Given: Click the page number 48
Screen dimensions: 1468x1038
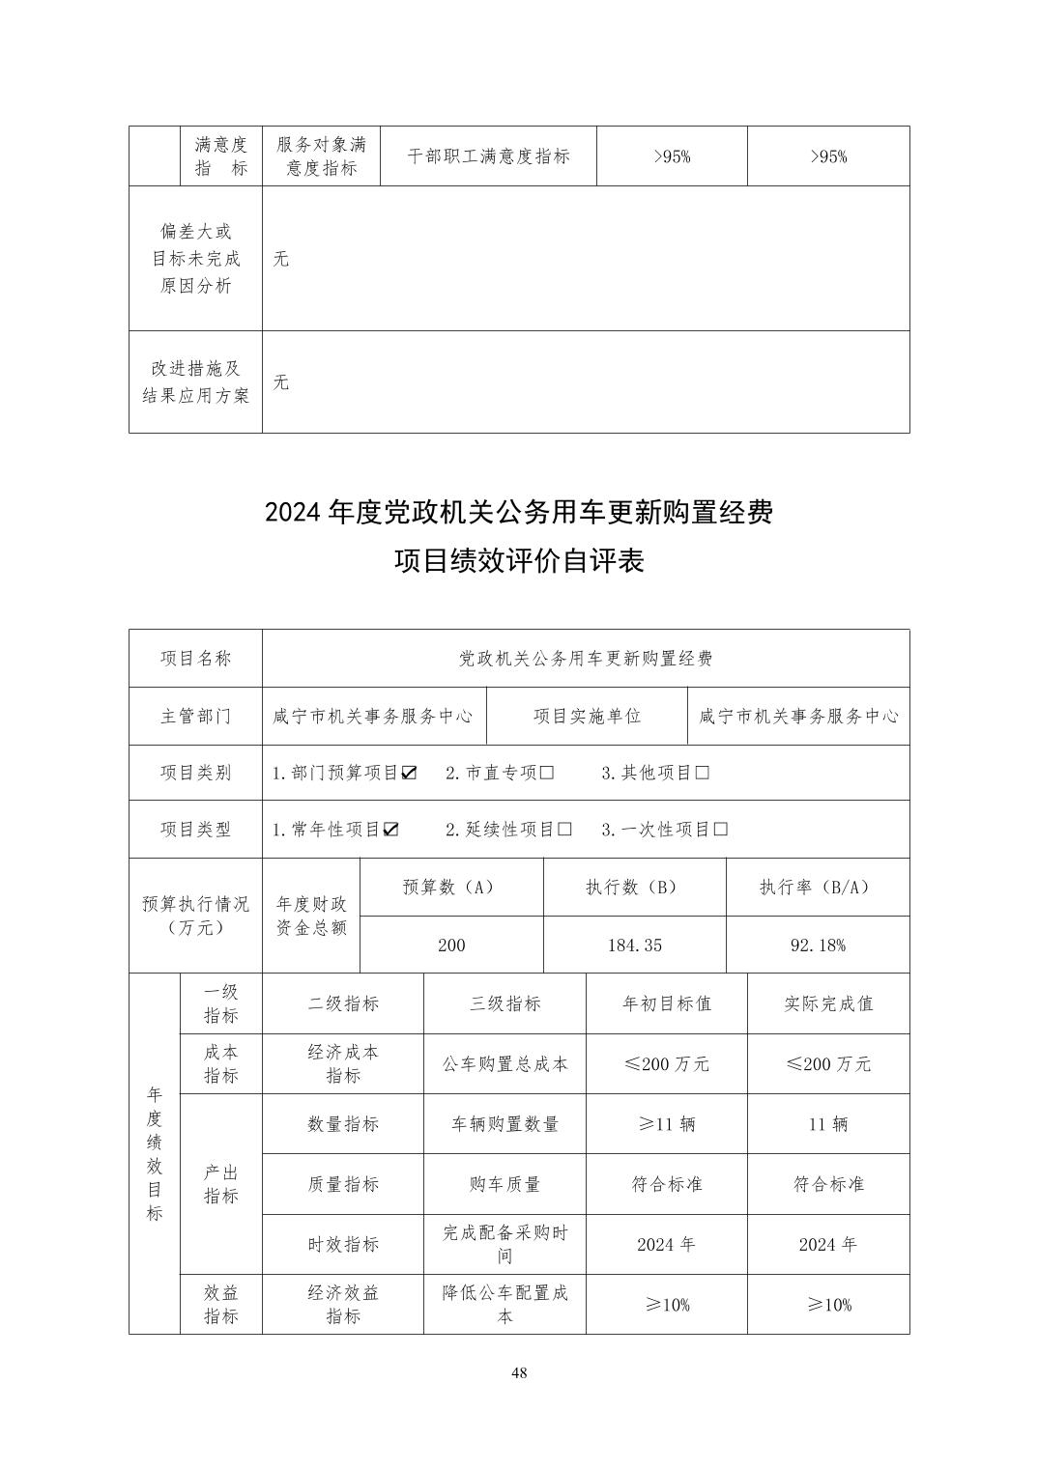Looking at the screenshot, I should click(x=519, y=1373).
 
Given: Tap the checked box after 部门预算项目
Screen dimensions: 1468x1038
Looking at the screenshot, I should click(x=409, y=773).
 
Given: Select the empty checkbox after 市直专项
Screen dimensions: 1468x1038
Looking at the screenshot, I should click(x=547, y=773).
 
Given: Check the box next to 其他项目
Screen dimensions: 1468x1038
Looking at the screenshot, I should click(x=703, y=773).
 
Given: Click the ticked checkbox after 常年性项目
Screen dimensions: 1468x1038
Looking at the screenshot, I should click(x=390, y=830).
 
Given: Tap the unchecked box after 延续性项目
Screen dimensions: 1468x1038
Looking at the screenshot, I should click(x=565, y=830).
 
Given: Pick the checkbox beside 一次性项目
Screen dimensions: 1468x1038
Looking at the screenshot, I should click(x=721, y=830).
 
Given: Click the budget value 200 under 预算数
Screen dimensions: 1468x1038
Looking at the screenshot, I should click(x=451, y=946).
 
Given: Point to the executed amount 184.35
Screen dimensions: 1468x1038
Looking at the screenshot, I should click(x=635, y=946).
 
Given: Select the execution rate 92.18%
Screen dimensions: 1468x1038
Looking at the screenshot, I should click(x=818, y=946).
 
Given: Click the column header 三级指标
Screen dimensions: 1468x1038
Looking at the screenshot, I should click(x=505, y=1003).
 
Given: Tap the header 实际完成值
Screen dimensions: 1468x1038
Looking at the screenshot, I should click(x=828, y=1003).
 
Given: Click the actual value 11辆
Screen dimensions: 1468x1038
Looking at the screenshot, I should click(x=828, y=1124).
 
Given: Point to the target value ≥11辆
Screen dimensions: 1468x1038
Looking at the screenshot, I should click(x=667, y=1124).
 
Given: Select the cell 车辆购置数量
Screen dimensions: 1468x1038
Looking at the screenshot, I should click(x=505, y=1124).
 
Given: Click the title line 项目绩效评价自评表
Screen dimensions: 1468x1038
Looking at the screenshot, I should click(x=519, y=560).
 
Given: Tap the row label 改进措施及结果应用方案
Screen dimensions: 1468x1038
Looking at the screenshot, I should click(x=196, y=382).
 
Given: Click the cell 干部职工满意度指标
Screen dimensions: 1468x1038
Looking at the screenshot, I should click(x=488, y=156).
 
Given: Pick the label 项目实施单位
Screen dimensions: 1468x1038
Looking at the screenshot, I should click(x=588, y=717).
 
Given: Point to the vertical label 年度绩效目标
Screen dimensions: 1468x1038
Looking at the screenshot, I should click(x=155, y=1153).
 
